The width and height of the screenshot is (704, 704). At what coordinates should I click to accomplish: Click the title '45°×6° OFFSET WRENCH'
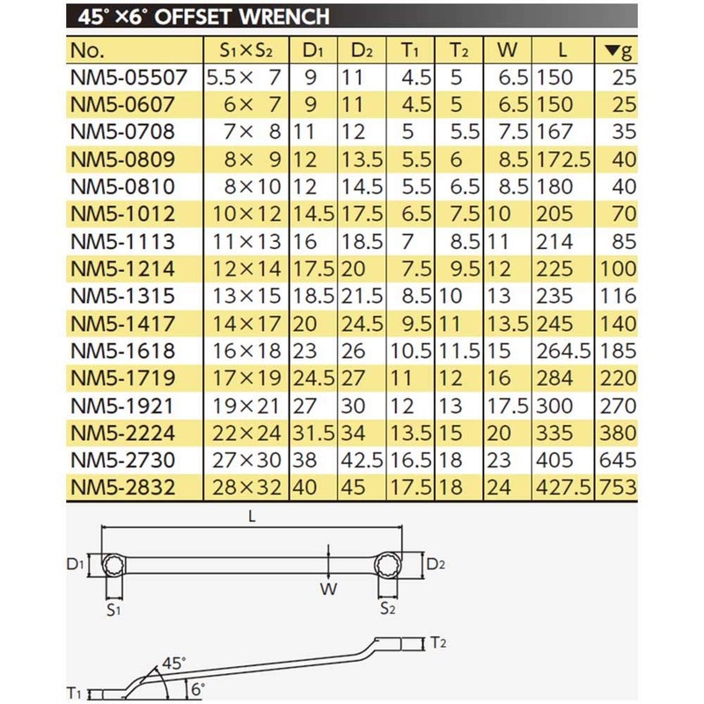[202, 17]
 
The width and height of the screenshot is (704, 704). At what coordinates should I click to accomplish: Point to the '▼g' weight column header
[619, 50]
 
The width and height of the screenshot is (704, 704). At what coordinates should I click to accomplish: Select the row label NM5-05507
[129, 77]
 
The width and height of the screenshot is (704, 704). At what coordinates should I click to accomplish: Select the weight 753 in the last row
[618, 487]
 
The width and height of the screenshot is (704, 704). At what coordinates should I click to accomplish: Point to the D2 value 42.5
[361, 459]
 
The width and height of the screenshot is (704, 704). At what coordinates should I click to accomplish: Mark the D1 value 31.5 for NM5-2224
[313, 432]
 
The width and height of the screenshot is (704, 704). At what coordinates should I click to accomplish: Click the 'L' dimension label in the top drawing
[252, 517]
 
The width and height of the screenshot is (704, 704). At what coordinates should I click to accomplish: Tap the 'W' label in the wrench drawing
[327, 590]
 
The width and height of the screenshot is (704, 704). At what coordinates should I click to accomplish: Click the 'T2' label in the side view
[440, 643]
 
